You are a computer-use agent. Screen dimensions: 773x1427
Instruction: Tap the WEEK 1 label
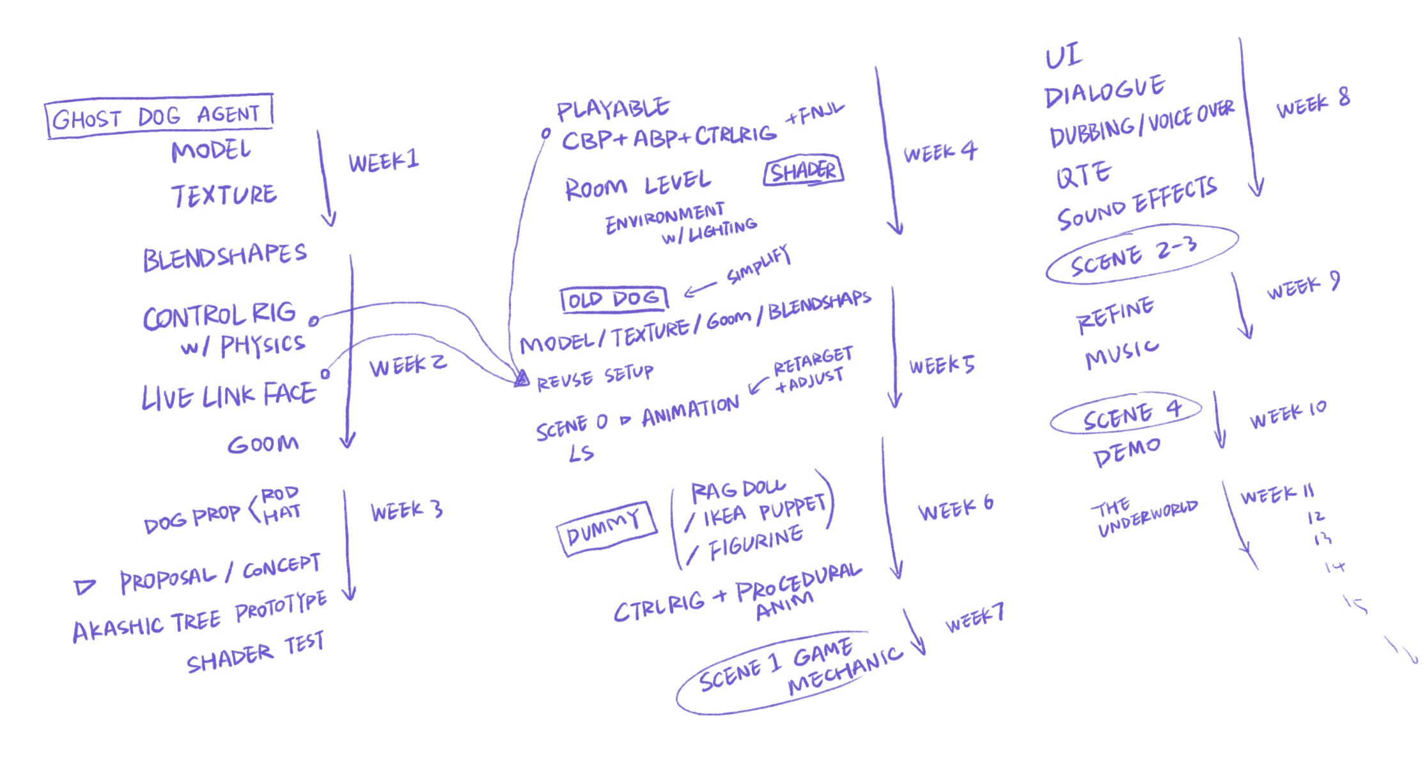(384, 161)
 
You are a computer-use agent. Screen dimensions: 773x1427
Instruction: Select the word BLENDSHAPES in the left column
(224, 257)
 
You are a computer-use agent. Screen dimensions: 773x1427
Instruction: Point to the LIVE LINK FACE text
(228, 396)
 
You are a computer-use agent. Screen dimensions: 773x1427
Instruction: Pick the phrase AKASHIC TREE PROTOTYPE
(199, 616)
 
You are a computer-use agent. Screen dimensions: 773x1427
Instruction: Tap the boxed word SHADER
(803, 171)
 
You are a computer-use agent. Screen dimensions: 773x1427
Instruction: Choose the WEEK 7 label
(974, 618)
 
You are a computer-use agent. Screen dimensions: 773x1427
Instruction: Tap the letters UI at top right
(1063, 56)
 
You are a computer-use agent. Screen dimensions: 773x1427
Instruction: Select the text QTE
(1084, 175)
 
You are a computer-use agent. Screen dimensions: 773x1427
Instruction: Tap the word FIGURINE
(756, 543)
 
